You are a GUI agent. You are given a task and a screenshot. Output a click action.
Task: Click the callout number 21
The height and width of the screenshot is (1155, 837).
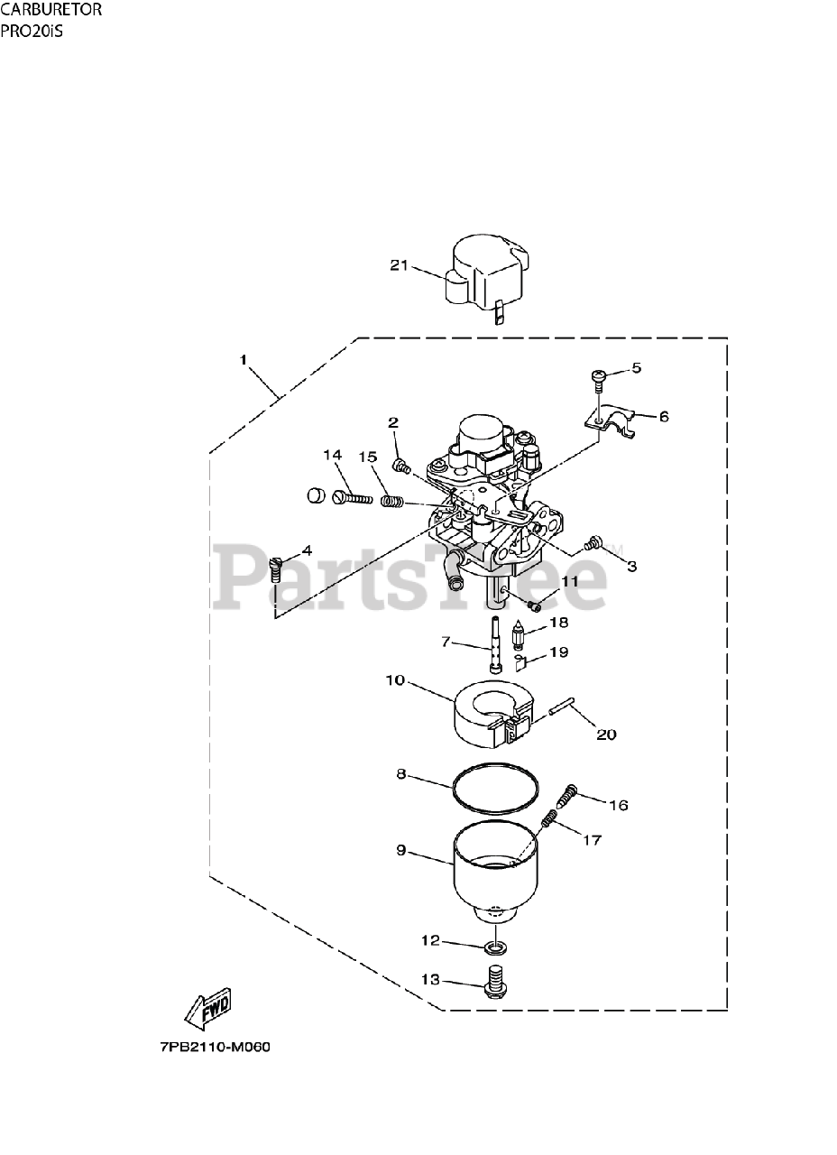(x=400, y=265)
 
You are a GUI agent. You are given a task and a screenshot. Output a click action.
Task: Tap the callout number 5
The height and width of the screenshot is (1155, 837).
(x=636, y=368)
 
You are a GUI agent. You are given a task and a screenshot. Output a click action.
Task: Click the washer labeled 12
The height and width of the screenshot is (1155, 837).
(x=493, y=947)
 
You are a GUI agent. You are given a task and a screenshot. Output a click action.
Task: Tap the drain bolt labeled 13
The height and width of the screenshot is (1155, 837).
(x=494, y=980)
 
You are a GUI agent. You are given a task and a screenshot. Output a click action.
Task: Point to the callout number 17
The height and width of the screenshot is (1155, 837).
(x=592, y=840)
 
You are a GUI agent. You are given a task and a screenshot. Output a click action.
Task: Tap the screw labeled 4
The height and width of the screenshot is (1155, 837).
(x=277, y=570)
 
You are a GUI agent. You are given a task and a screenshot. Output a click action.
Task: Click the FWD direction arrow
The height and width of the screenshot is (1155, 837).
(x=208, y=1007)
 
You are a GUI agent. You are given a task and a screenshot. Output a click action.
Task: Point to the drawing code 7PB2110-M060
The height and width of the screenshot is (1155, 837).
(x=215, y=1048)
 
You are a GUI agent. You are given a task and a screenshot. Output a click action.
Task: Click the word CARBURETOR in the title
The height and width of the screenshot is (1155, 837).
(x=51, y=11)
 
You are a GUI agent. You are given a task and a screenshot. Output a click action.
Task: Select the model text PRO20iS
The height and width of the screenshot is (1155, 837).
(x=33, y=30)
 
